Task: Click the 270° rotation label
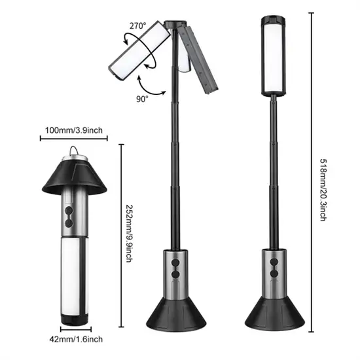tap(137, 26)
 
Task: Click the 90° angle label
tap(142, 99)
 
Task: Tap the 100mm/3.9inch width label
tap(74, 130)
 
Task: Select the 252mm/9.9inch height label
tap(129, 234)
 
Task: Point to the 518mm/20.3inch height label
tap(323, 190)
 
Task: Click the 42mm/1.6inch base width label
tap(76, 339)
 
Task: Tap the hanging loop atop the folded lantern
tap(73, 151)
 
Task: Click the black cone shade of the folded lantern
tap(75, 176)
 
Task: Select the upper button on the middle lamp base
tap(175, 262)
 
